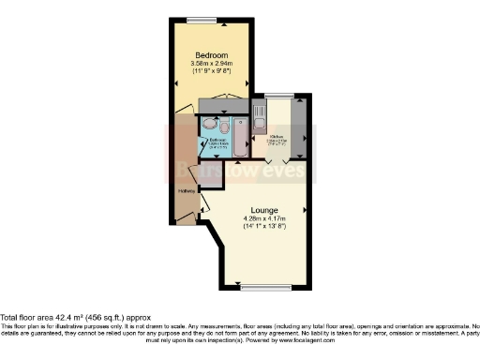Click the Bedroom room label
pyautogui.click(x=211, y=54)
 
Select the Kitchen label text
pyautogui.click(x=277, y=137)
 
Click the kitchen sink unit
pyautogui.click(x=260, y=124)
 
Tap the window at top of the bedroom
pyautogui.click(x=201, y=21)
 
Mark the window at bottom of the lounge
pyautogui.click(x=260, y=287)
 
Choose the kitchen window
pyautogui.click(x=278, y=95)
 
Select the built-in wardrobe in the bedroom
pyautogui.click(x=220, y=103)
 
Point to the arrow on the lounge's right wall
pyautogui.click(x=306, y=209)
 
